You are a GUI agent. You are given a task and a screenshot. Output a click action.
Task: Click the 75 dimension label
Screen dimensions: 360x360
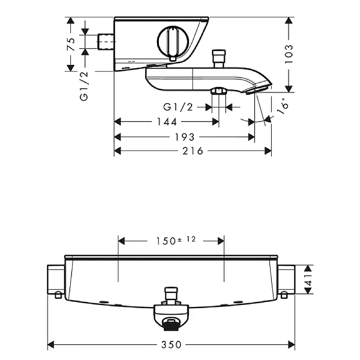point(71,44)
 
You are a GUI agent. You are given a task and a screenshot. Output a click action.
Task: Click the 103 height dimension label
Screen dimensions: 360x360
point(288,54)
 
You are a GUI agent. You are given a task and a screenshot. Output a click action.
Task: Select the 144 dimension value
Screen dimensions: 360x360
point(166,122)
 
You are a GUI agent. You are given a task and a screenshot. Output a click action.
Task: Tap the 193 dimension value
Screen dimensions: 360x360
point(184,137)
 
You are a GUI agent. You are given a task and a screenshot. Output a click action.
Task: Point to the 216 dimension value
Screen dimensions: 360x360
point(193,151)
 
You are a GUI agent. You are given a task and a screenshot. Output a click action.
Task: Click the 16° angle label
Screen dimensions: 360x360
point(283,106)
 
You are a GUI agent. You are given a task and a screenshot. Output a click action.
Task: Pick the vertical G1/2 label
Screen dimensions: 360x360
point(84,86)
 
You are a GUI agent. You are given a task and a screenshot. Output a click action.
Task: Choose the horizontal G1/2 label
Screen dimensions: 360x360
point(178,107)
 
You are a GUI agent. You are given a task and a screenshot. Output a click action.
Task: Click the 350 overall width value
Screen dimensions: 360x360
point(171,345)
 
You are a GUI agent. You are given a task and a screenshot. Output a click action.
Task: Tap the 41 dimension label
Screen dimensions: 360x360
point(308,279)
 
